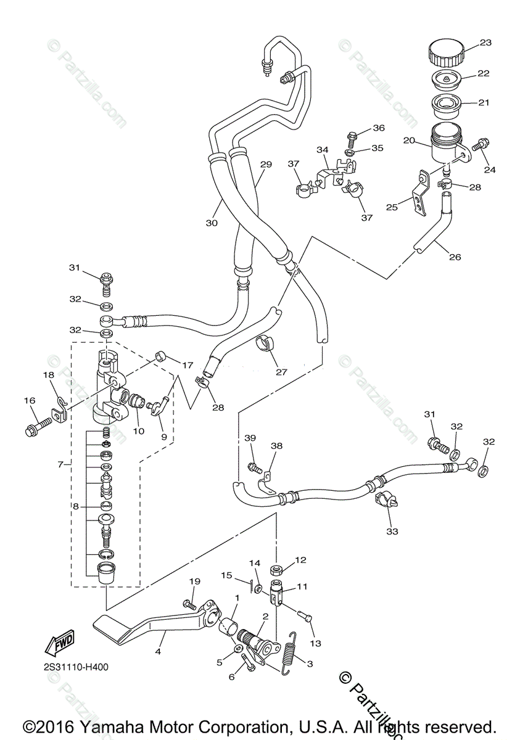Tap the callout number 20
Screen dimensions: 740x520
coord(408,141)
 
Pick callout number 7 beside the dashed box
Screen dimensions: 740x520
coord(60,464)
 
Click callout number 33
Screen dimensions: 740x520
coord(392,531)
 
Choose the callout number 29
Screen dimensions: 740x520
coord(266,165)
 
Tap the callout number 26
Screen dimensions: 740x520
coord(455,257)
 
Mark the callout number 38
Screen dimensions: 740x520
coord(276,445)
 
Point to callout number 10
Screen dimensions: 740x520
coord(139,431)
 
